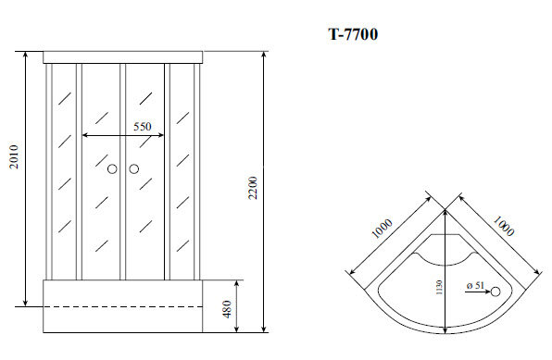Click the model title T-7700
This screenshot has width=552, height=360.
tap(352, 35)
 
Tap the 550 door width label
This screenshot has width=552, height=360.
tap(142, 126)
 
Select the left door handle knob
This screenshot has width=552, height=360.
tap(112, 169)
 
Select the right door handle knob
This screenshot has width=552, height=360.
tap(133, 169)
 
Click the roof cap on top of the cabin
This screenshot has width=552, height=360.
tap(123, 56)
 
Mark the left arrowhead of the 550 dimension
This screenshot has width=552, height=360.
tap(86, 135)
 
